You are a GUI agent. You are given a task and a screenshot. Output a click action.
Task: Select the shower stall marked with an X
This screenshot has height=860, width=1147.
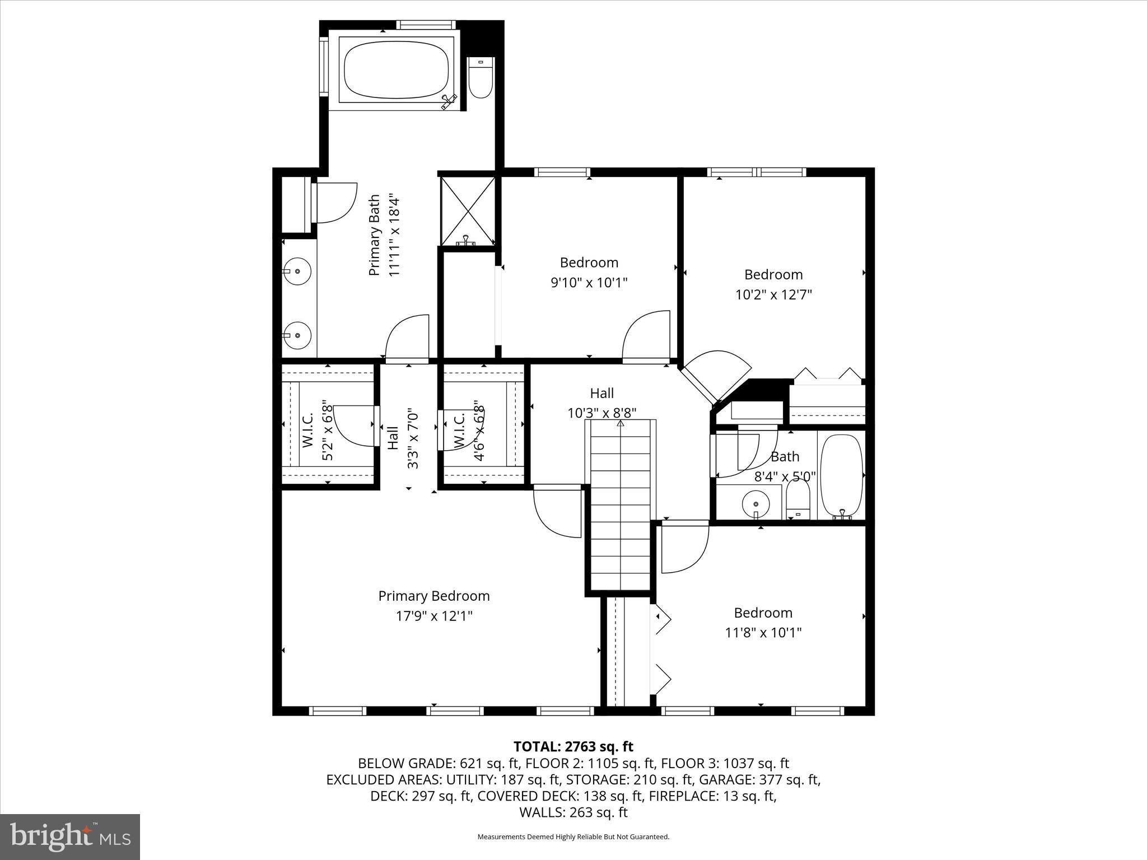[x=468, y=211]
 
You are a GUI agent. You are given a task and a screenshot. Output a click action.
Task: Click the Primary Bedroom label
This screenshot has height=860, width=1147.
[x=434, y=596]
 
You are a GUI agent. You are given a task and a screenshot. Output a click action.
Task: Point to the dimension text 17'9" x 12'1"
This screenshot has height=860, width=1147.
[x=434, y=616]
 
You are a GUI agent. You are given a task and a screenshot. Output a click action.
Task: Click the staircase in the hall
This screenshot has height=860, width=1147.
[x=621, y=504]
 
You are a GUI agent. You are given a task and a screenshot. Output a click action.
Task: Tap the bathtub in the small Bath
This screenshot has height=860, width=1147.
[x=841, y=475]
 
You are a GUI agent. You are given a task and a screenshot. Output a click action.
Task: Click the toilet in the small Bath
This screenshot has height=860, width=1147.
[x=798, y=499]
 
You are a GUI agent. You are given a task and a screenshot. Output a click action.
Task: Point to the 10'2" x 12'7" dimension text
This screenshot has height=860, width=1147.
[x=773, y=295]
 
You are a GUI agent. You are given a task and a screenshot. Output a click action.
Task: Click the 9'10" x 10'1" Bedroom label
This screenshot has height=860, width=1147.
[x=589, y=263]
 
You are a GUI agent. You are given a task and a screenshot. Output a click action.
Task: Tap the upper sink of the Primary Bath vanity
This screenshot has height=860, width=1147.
[x=297, y=272]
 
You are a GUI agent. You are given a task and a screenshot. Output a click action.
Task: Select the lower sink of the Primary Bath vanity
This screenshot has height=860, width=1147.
[x=297, y=335]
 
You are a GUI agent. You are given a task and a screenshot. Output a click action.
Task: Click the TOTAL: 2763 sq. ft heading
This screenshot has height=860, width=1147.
[x=573, y=746]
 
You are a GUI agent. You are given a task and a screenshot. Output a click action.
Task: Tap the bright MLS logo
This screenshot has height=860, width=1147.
[x=70, y=836]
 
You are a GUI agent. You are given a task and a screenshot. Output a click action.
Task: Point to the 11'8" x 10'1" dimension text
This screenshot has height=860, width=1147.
[x=763, y=633]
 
